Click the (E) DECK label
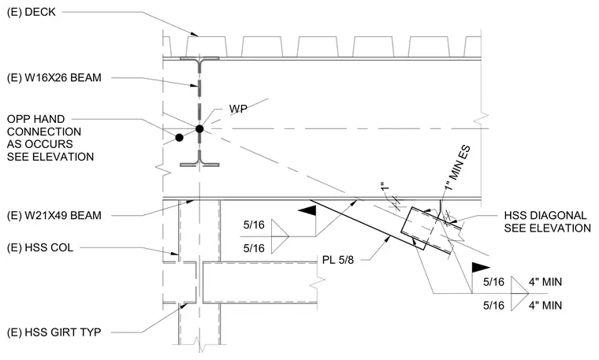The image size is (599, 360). click(x=32, y=13)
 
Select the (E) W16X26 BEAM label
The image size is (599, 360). click(x=54, y=78)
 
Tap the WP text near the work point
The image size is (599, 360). click(x=238, y=109)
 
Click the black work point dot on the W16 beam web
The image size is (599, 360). click(x=199, y=129)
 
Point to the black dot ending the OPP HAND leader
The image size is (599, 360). click(x=179, y=137)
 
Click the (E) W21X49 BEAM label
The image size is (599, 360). click(x=54, y=216)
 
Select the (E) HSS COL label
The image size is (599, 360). click(x=40, y=248)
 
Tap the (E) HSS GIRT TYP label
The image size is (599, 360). click(x=54, y=332)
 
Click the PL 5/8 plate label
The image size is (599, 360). click(x=338, y=260)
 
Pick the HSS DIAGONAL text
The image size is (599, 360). click(x=545, y=216)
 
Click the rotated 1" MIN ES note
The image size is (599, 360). click(x=457, y=168)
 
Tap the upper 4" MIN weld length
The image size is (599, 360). click(x=545, y=282)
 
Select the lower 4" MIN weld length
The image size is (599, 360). click(x=545, y=306)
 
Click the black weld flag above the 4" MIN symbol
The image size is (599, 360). click(x=480, y=267)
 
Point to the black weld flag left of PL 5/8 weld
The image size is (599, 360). click(x=308, y=210)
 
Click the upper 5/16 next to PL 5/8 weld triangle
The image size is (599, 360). click(x=254, y=225)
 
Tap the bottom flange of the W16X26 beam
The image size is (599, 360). click(x=199, y=165)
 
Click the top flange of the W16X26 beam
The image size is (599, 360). click(x=199, y=59)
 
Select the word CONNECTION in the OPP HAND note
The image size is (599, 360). click(x=44, y=132)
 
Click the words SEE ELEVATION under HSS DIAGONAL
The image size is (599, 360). click(x=548, y=228)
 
